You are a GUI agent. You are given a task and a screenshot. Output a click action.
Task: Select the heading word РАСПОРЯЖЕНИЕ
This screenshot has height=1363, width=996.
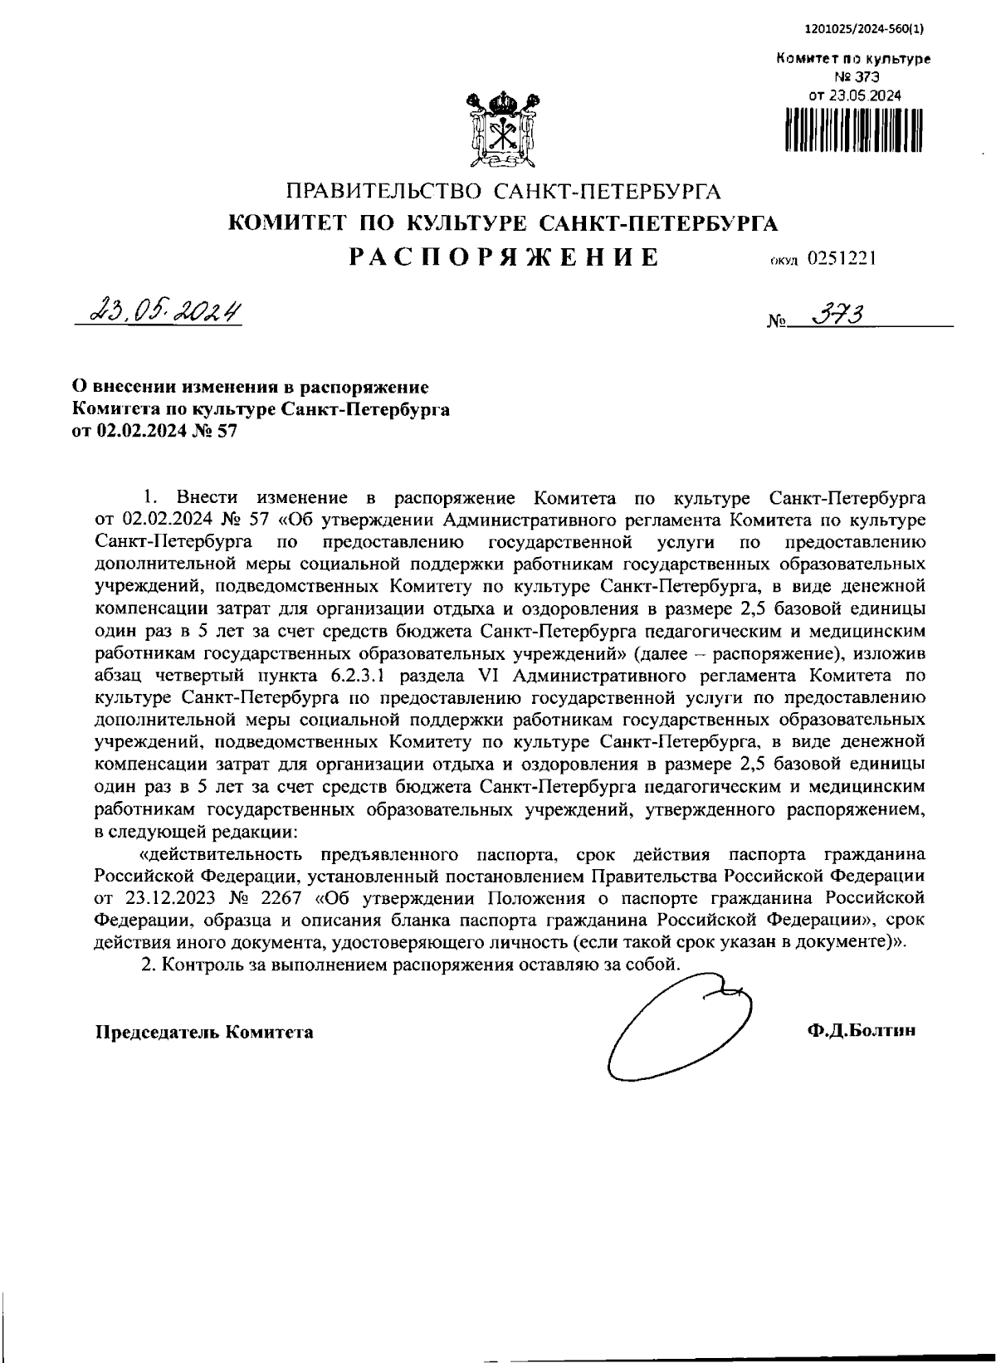(504, 256)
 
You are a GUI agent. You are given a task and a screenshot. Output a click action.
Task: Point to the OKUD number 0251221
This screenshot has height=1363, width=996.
(842, 258)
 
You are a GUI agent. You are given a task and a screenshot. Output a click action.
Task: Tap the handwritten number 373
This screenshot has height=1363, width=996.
(839, 315)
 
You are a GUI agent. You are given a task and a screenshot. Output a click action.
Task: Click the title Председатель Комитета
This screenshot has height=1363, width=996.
(205, 1032)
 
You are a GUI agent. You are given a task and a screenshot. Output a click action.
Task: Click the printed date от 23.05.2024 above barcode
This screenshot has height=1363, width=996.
(854, 95)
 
